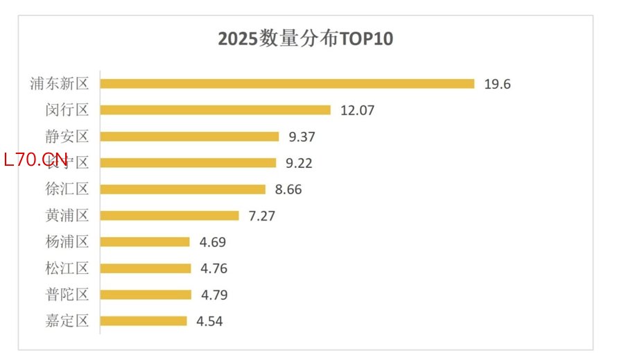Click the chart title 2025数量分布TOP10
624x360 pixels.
click(x=306, y=38)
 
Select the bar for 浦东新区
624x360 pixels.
click(x=287, y=84)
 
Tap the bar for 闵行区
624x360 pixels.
click(x=215, y=110)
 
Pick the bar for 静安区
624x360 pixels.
click(x=189, y=137)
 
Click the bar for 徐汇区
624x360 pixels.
click(x=182, y=189)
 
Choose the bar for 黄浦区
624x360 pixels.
click(x=169, y=216)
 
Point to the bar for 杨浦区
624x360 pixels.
click(x=145, y=242)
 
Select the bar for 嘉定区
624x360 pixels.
click(x=144, y=321)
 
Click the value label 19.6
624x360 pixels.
click(x=497, y=84)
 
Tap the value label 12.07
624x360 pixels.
click(x=357, y=110)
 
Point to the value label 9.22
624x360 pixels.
click(x=299, y=163)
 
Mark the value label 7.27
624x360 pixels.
click(x=261, y=216)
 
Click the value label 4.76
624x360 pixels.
click(x=214, y=268)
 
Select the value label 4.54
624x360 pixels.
click(x=209, y=321)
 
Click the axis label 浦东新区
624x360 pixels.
click(x=60, y=84)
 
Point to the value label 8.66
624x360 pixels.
click(x=288, y=189)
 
